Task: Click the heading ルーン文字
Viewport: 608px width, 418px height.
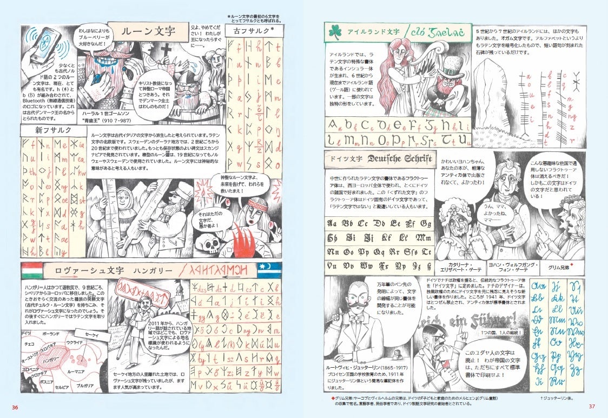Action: [144, 30]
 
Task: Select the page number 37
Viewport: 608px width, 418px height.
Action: [592, 407]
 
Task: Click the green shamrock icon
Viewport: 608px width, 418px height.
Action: [334, 32]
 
